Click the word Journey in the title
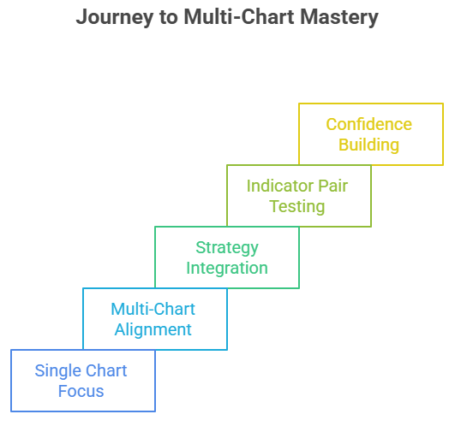(x=110, y=17)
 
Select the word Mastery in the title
(x=338, y=17)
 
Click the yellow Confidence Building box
(x=370, y=134)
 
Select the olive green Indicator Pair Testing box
(x=298, y=196)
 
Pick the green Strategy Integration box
(x=226, y=257)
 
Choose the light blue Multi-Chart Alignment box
(x=154, y=319)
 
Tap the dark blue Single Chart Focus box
(x=82, y=381)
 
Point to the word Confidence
(x=368, y=124)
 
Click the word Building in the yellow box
(x=368, y=145)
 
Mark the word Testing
(x=297, y=206)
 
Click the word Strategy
(x=226, y=247)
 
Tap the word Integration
(x=226, y=268)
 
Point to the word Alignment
(x=154, y=329)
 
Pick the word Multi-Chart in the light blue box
(x=154, y=309)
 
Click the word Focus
(x=81, y=391)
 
